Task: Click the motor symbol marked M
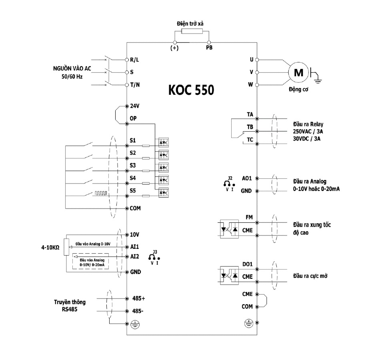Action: (x=298, y=72)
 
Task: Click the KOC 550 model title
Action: (x=191, y=90)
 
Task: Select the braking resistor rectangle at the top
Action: (x=192, y=31)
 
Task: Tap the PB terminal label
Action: (x=209, y=48)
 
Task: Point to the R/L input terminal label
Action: (x=134, y=60)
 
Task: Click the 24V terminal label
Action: (x=135, y=106)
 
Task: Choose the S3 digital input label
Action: (x=133, y=165)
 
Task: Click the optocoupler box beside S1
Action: (x=164, y=143)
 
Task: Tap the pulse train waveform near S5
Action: (x=101, y=193)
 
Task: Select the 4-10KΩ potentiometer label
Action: (x=50, y=247)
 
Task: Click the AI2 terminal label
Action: (x=134, y=256)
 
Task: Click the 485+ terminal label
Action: (x=138, y=298)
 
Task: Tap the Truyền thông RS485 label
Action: (x=70, y=306)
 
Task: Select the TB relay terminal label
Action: (x=250, y=127)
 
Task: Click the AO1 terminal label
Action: (x=247, y=178)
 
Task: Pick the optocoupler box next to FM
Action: (x=229, y=229)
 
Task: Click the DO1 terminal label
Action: (x=247, y=264)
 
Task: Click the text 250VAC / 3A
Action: (x=308, y=132)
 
